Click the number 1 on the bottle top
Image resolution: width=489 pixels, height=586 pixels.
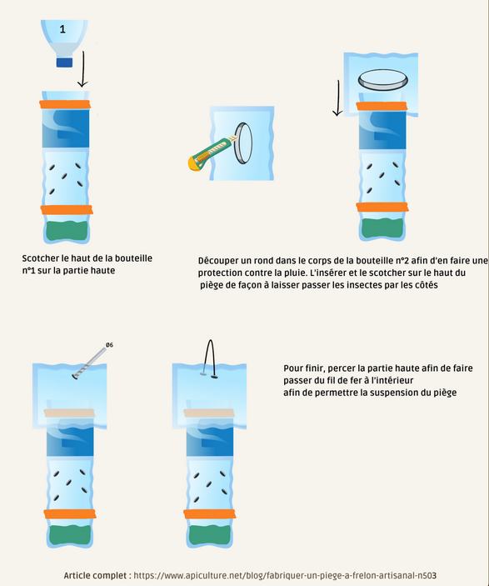62,29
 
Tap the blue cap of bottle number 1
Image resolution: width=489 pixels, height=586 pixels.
64,62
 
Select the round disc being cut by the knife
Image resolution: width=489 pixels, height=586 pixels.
243,143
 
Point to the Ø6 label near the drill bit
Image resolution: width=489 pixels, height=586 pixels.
109,344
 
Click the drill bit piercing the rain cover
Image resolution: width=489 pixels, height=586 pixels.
89,363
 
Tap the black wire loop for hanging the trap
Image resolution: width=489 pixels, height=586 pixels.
210,358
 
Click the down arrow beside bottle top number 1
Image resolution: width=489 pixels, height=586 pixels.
83,69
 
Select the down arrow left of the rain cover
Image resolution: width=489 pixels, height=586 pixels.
337,98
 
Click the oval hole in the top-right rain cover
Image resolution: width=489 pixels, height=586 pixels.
383,79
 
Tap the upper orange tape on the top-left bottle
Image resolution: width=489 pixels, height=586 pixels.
65,104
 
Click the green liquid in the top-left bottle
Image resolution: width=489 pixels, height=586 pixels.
67,231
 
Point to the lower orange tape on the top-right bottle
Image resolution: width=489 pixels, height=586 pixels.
382,207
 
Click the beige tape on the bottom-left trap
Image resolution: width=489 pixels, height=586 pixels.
69,413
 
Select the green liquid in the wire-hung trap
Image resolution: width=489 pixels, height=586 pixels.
210,535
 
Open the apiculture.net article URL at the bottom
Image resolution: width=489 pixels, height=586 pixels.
285,575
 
